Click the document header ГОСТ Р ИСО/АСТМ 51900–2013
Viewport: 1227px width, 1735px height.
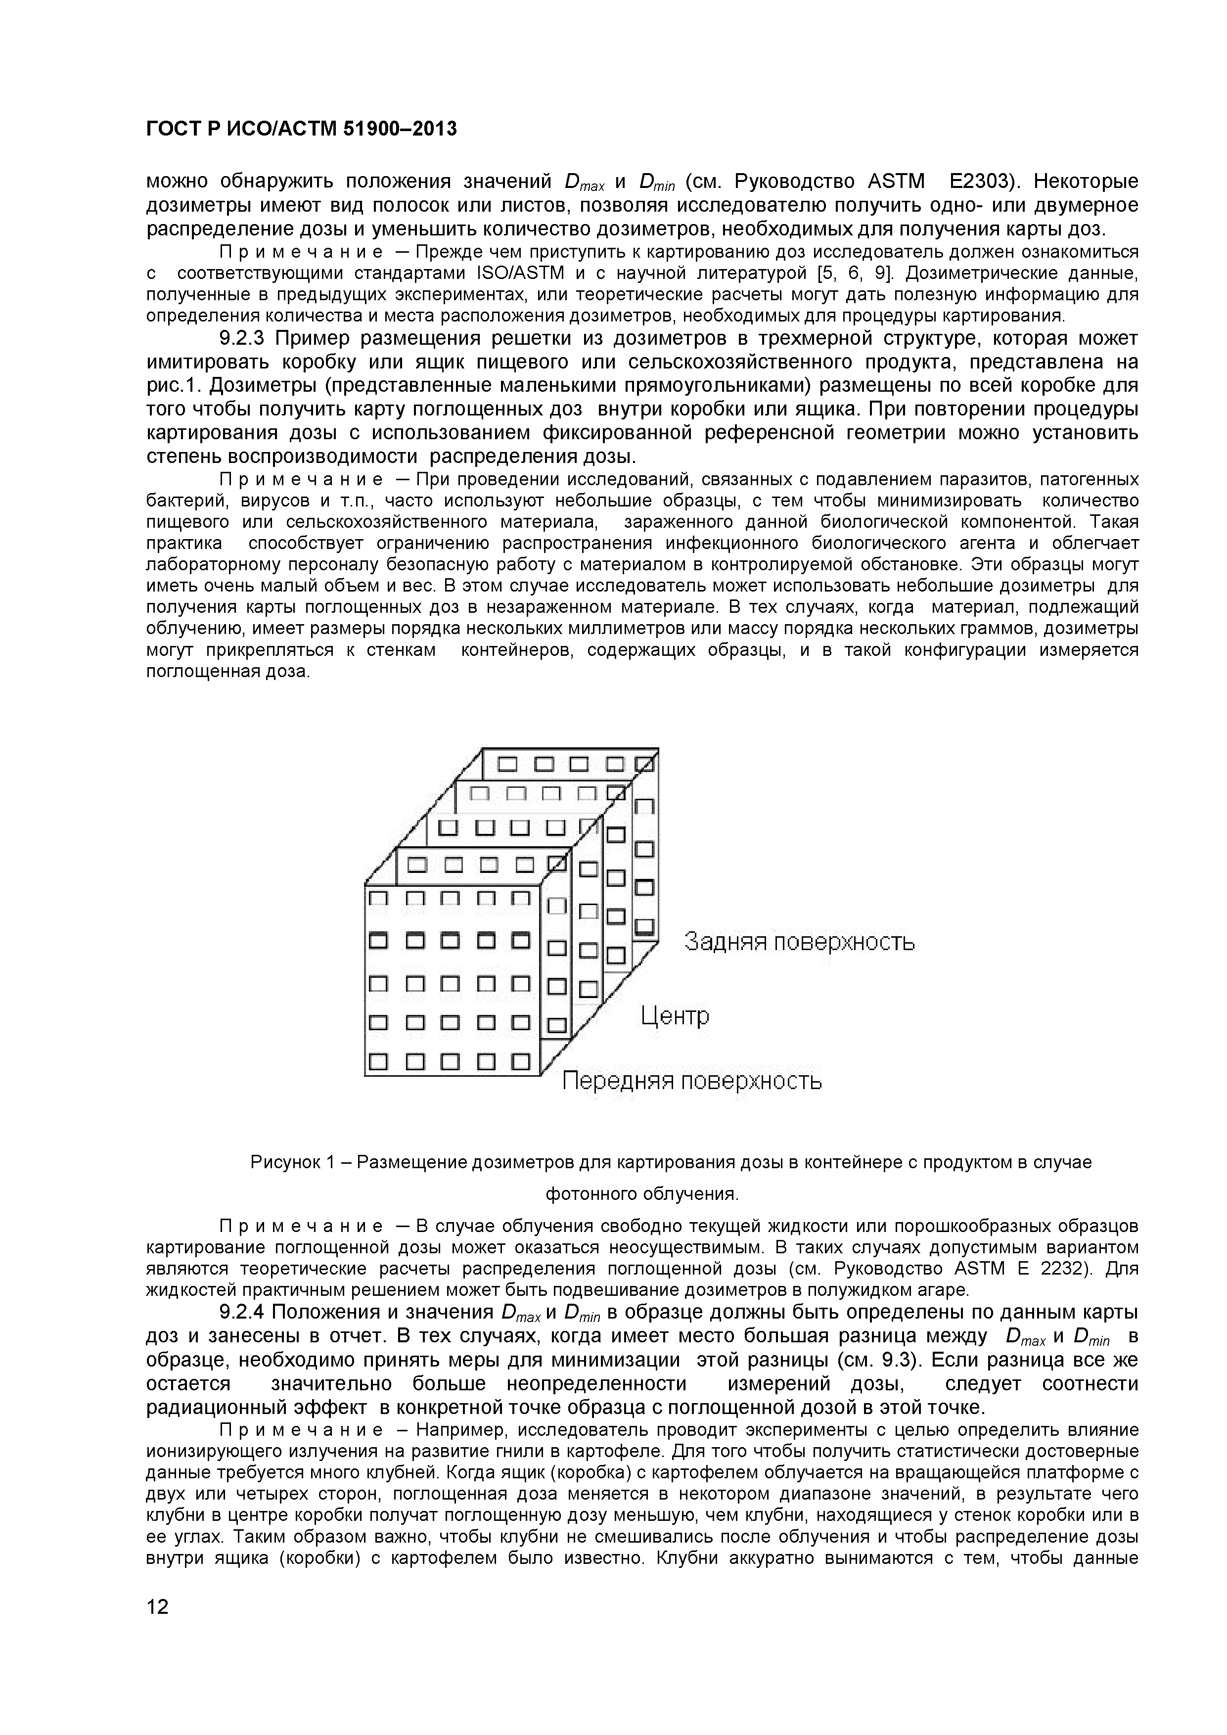301,129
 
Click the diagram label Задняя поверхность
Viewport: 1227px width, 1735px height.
799,942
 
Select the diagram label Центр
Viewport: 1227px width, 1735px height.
675,1015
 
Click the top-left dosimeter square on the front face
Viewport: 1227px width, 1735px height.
378,899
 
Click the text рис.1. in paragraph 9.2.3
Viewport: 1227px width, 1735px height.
175,385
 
